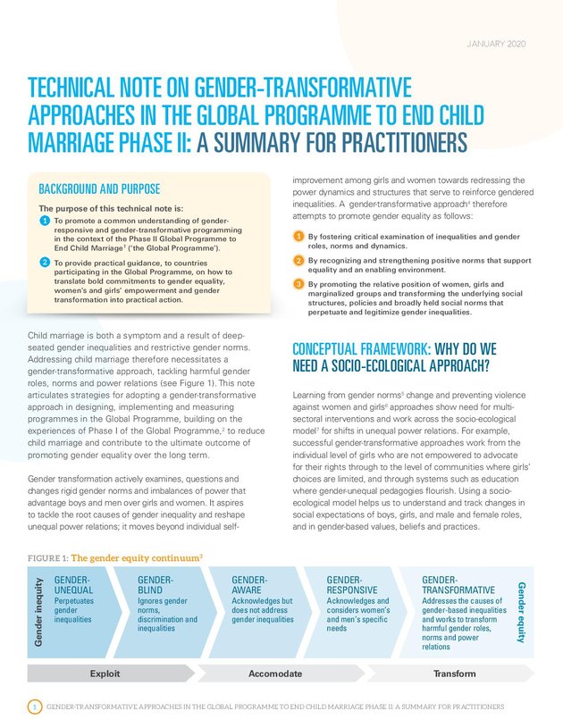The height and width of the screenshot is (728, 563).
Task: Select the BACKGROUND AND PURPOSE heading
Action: click(99, 189)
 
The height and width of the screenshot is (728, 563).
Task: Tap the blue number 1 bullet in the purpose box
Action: click(45, 221)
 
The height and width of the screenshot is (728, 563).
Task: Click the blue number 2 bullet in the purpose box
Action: click(45, 261)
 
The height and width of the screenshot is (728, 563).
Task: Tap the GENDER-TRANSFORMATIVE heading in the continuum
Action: click(458, 585)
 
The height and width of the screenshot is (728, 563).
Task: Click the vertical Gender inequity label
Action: click(38, 613)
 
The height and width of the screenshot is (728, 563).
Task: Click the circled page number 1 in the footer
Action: click(32, 707)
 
